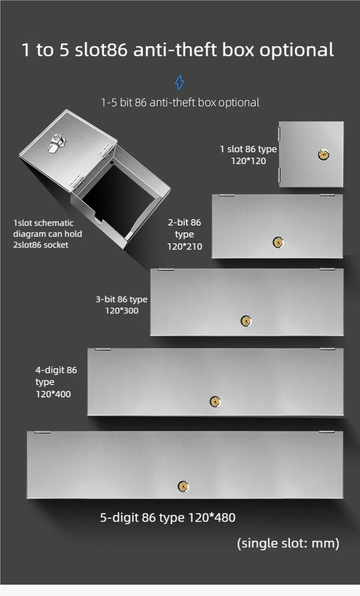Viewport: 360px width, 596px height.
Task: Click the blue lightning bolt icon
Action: point(180,82)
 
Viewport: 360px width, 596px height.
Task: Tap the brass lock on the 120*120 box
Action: point(324,155)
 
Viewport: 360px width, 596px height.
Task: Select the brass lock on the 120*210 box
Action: point(278,242)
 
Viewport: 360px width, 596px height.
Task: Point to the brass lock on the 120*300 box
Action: point(246,321)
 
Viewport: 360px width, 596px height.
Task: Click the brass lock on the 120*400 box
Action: point(215,401)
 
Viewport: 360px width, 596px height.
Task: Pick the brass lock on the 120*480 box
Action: point(183,486)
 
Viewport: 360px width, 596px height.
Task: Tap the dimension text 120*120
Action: point(248,161)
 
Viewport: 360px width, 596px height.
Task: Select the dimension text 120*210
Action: point(185,247)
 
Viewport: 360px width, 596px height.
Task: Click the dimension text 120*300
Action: point(122,311)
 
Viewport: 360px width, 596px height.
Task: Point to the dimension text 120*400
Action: point(53,394)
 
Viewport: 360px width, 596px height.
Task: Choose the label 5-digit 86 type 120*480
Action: point(168,518)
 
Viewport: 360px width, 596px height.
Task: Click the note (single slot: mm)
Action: point(288,543)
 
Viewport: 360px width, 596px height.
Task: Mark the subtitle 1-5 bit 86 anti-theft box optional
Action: point(180,103)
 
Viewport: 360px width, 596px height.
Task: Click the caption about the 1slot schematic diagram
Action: point(47,234)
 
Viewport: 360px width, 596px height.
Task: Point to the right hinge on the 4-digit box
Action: point(327,349)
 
